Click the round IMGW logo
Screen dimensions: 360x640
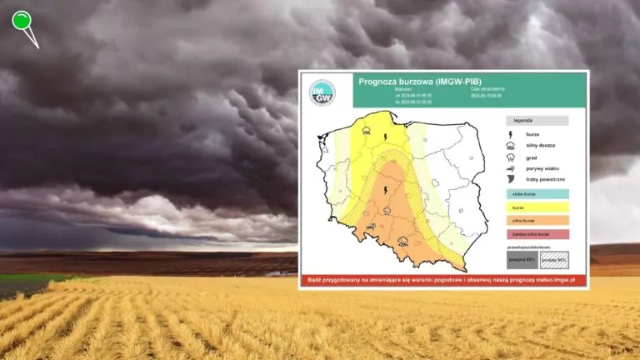(322, 92)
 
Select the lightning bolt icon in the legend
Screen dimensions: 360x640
(511, 133)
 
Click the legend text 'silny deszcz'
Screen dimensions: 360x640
(541, 145)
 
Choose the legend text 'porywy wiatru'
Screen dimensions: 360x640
(542, 168)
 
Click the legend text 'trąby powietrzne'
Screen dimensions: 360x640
(546, 180)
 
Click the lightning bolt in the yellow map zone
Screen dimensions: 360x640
(386, 137)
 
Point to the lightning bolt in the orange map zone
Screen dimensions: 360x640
(384, 191)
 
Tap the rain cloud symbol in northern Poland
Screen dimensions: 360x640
(367, 128)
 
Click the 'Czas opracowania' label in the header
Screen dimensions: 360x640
(487, 87)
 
